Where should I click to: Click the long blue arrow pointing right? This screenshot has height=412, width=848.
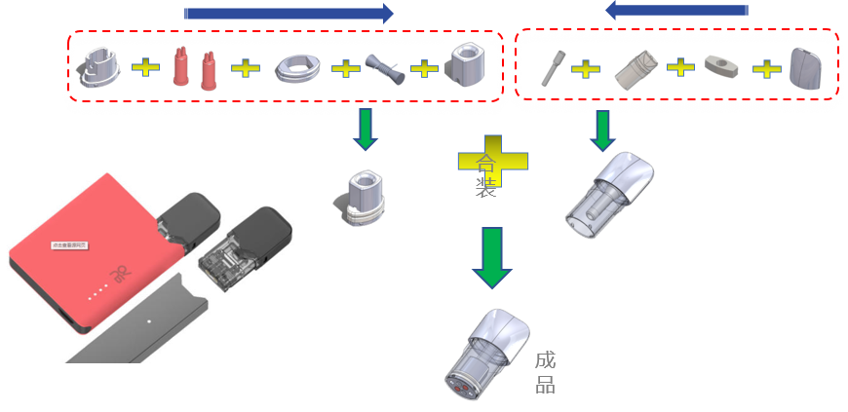289,14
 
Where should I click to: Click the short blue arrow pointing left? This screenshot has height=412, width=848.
675,10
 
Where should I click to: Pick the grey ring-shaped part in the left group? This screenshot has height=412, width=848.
296,68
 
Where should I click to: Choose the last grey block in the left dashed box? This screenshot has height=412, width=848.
466,66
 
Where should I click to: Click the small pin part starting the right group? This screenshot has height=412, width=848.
552,68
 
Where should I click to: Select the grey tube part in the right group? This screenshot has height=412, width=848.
635,69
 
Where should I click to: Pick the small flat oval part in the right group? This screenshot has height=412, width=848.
721,67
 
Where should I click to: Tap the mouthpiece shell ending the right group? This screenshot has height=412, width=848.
804,69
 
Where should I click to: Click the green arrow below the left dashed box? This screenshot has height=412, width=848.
366,130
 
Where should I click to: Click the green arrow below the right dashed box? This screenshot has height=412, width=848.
602,131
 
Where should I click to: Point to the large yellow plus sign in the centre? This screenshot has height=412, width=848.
492,161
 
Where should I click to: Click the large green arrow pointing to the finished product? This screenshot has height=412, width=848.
492,257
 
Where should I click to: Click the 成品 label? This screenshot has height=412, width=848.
545,372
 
